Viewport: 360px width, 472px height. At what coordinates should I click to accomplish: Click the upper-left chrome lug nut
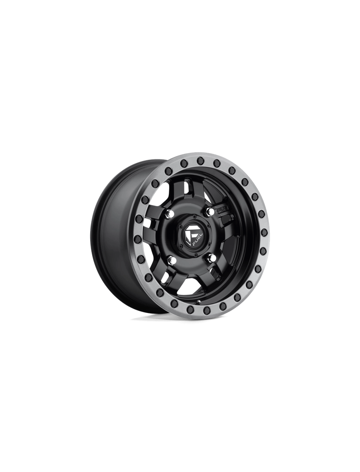click(170, 214)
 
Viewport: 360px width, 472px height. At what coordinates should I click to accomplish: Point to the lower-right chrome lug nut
click(211, 258)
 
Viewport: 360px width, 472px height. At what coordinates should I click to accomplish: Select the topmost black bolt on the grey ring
click(200, 160)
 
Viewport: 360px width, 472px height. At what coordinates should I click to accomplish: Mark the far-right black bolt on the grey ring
click(264, 233)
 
